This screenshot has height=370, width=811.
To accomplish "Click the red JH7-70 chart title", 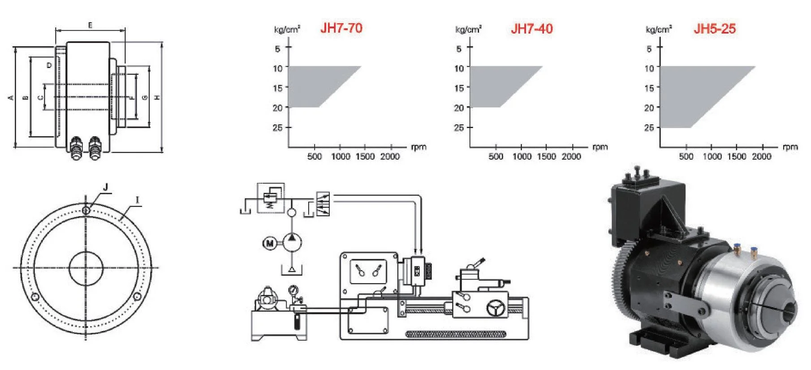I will (x=341, y=28).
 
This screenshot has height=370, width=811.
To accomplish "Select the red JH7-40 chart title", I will (x=531, y=29).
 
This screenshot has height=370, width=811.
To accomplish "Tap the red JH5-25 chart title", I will (x=714, y=29).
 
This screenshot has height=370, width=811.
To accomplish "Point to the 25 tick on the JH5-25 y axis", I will (x=649, y=128).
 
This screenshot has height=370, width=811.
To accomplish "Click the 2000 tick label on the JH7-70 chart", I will (x=389, y=156).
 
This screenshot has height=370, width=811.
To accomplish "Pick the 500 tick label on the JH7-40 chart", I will (x=496, y=156).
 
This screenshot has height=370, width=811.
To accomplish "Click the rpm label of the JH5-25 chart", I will (x=790, y=147).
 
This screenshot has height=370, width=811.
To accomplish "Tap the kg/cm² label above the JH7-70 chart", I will (x=287, y=30).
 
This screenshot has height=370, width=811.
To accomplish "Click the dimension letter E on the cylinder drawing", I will (x=90, y=26).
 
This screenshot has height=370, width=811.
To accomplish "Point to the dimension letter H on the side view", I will (x=157, y=97).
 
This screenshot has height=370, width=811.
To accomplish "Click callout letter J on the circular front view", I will (x=106, y=187).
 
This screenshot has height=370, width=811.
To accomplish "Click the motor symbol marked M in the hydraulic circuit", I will (x=270, y=243).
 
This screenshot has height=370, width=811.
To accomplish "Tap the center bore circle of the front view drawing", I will (x=86, y=268).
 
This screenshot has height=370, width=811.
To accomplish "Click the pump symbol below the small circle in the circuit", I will (x=292, y=242).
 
